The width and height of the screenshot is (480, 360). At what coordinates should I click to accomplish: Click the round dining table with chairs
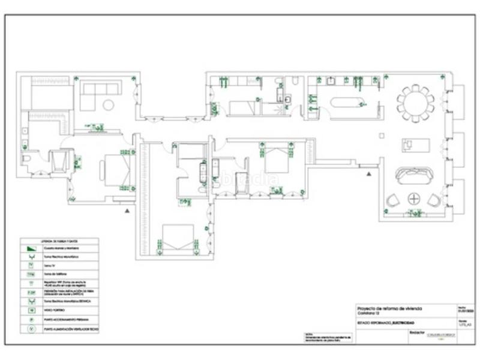[x=415, y=103]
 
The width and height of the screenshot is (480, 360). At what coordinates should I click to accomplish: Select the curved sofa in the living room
[x=415, y=176]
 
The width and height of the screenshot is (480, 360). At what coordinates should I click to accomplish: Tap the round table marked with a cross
[x=413, y=199]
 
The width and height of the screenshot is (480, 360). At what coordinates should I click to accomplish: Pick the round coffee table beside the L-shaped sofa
[x=108, y=105]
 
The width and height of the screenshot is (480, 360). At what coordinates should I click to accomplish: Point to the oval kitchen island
[x=347, y=103]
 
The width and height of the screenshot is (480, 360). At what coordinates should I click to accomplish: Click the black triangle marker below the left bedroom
[x=127, y=211]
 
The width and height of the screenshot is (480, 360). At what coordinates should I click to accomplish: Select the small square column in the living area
[x=382, y=136]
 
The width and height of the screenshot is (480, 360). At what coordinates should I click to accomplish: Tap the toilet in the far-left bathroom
[x=26, y=158]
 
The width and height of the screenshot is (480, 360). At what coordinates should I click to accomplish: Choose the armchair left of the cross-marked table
[x=393, y=200]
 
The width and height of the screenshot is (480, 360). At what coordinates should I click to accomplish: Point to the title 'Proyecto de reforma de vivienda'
[x=389, y=308]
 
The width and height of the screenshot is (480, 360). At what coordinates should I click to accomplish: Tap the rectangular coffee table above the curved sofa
[x=416, y=145]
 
